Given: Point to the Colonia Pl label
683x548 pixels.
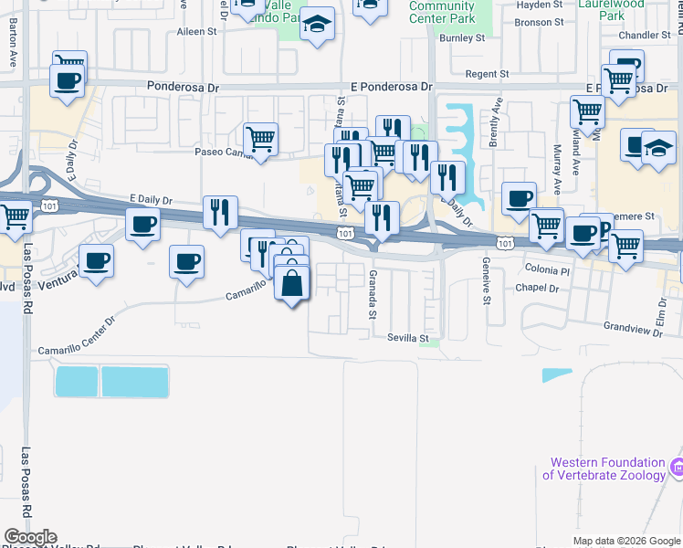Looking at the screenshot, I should pyautogui.click(x=548, y=270).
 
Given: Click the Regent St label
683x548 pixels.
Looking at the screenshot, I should pyautogui.click(x=487, y=74).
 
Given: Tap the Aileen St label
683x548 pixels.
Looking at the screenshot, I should pyautogui.click(x=197, y=31).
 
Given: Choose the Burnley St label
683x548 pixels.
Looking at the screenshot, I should pyautogui.click(x=461, y=38).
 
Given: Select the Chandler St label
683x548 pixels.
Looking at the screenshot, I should pyautogui.click(x=645, y=36).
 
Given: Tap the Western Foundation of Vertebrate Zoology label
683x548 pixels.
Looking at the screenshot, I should pyautogui.click(x=604, y=469).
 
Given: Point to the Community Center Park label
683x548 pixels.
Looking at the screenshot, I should pyautogui.click(x=442, y=12).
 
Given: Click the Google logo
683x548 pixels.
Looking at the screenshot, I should pyautogui.click(x=29, y=537).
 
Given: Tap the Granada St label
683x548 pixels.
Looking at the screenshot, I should pyautogui.click(x=373, y=294).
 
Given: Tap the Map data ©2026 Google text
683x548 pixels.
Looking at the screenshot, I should pyautogui.click(x=626, y=541).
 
